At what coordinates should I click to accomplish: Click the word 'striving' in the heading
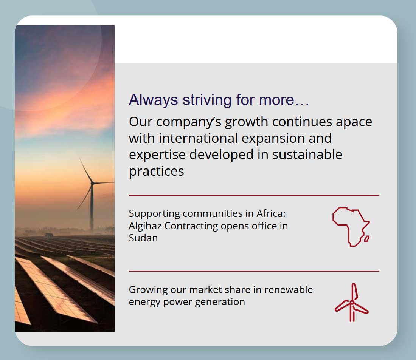207,100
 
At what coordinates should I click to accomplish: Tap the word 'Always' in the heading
153,100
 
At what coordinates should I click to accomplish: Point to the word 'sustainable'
307,155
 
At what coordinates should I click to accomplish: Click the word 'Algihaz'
145,226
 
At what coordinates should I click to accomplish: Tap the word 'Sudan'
143,238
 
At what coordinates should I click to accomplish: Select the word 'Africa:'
271,213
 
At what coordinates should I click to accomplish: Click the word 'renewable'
289,290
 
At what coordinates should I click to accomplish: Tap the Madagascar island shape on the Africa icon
367,239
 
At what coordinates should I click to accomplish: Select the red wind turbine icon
352,303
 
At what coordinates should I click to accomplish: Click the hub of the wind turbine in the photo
92,183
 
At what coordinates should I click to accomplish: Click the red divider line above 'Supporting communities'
254,195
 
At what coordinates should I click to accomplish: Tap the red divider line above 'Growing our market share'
254,271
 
